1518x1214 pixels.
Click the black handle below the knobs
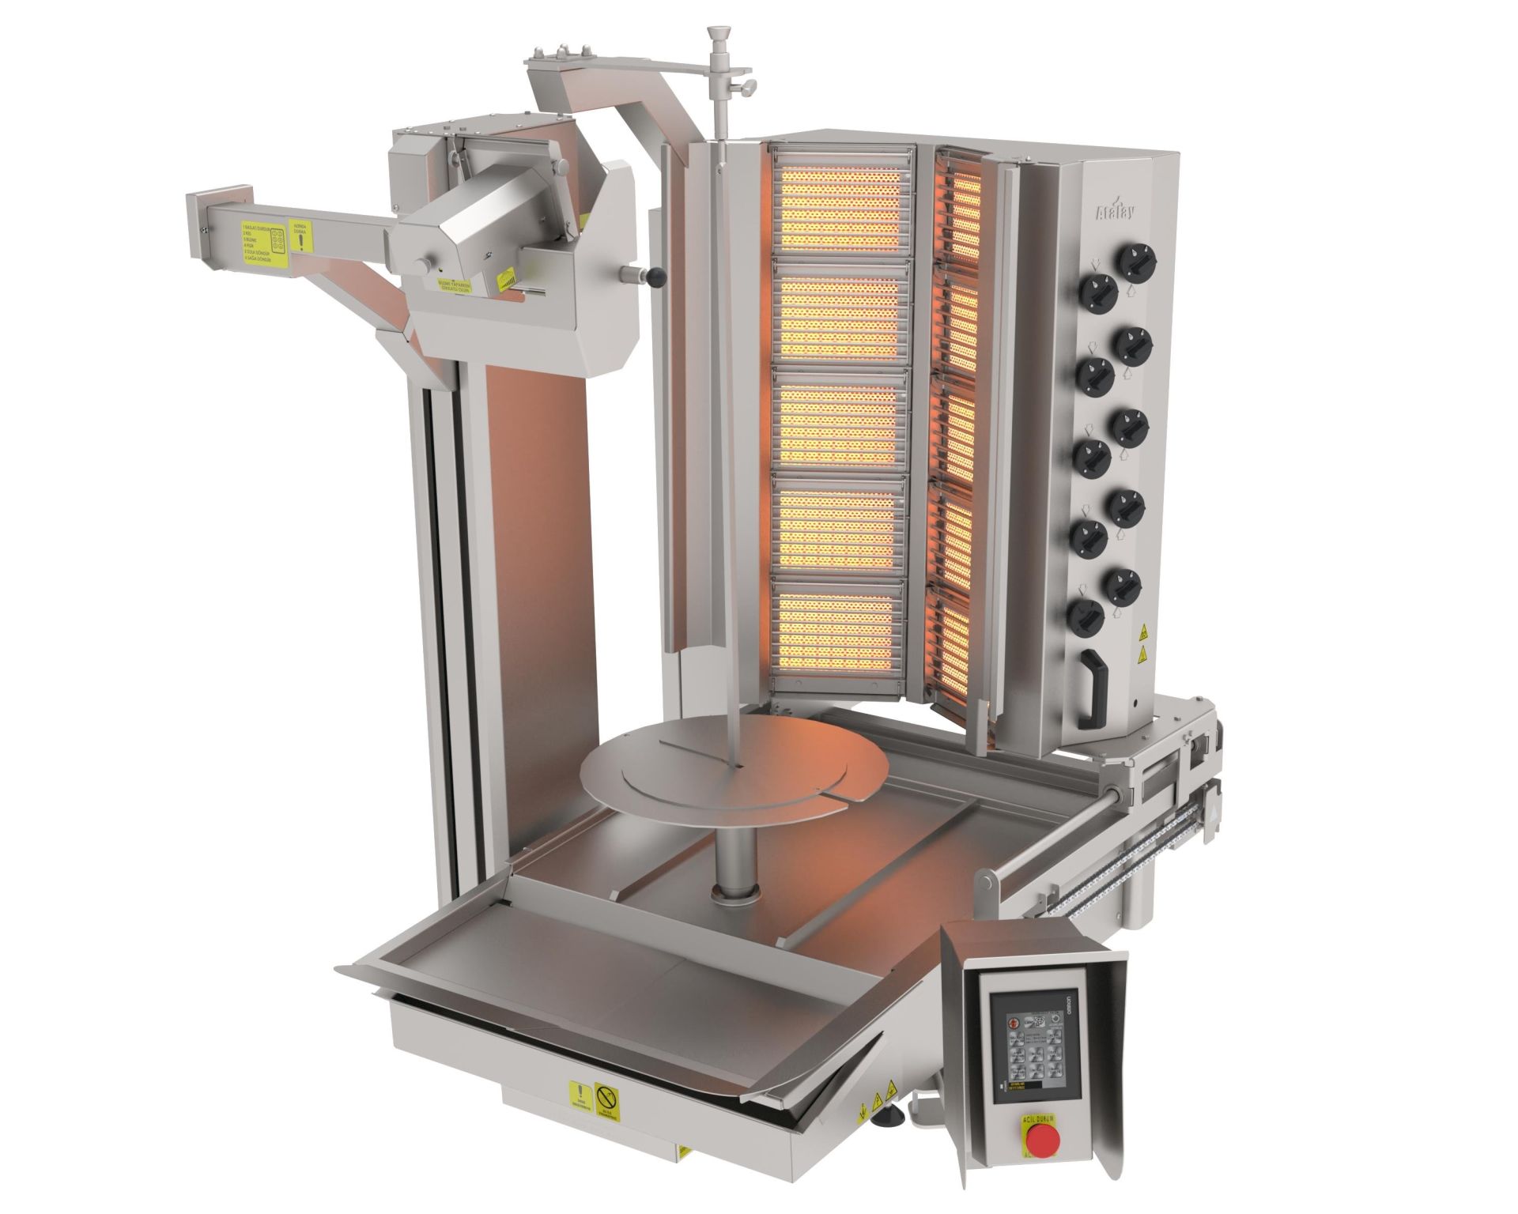pos(1096,681)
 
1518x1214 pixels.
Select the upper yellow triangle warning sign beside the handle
pos(1142,633)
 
